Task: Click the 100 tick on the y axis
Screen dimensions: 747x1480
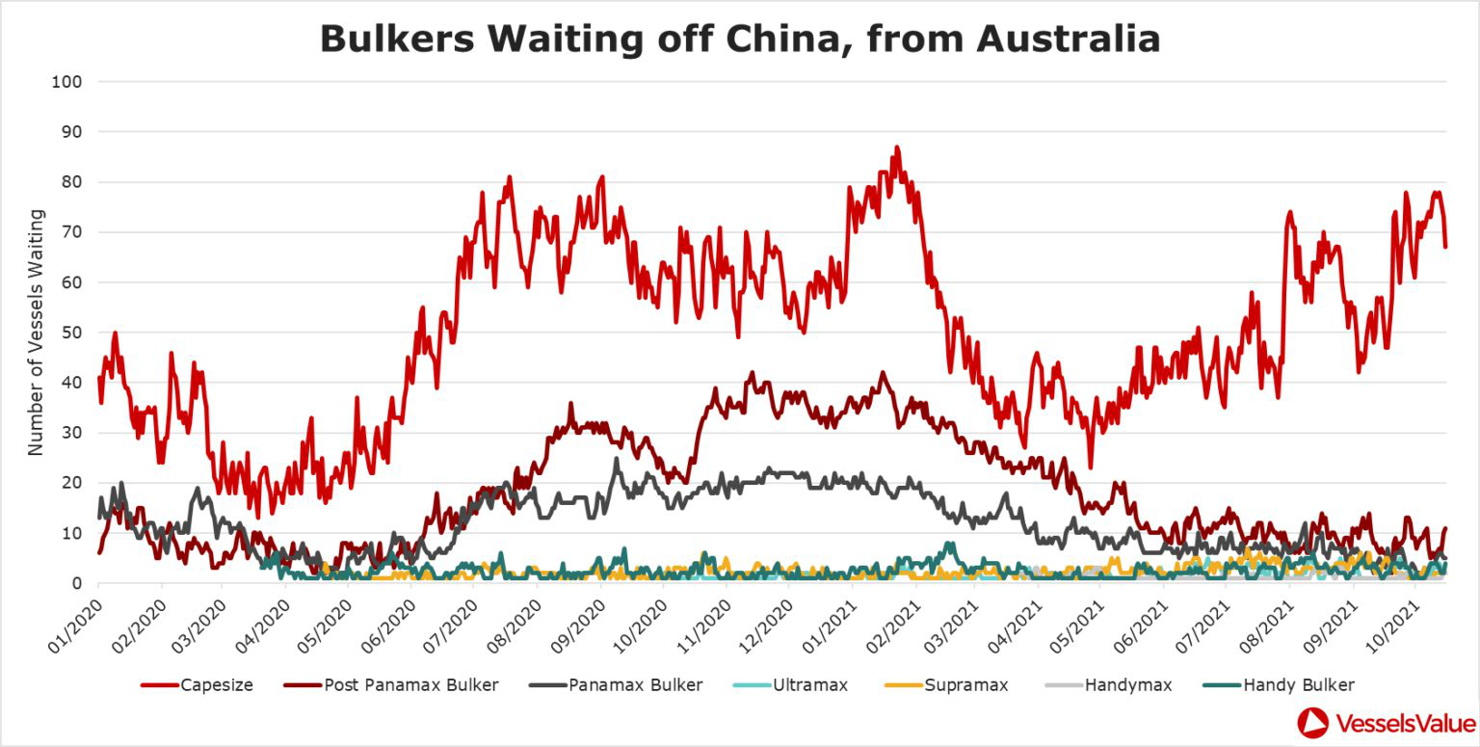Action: pos(65,82)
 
